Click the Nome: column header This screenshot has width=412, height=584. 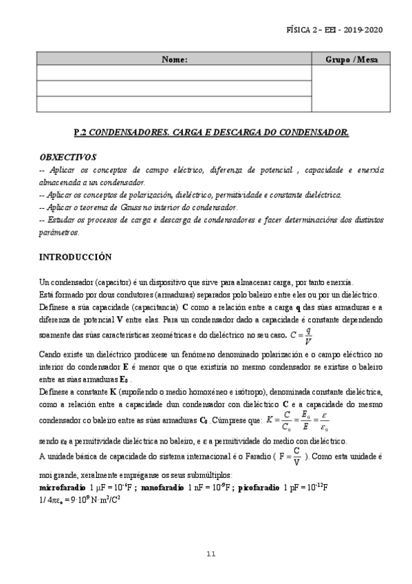click(x=175, y=59)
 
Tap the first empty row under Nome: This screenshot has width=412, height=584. click(x=175, y=73)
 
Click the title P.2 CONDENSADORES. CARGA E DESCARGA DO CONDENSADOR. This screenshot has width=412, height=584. click(x=210, y=132)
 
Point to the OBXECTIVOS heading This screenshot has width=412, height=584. click(x=68, y=157)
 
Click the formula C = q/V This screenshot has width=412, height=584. click(x=303, y=335)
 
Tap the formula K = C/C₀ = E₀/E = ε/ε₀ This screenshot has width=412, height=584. click(x=296, y=419)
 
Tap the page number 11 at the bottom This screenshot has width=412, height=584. click(x=210, y=553)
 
